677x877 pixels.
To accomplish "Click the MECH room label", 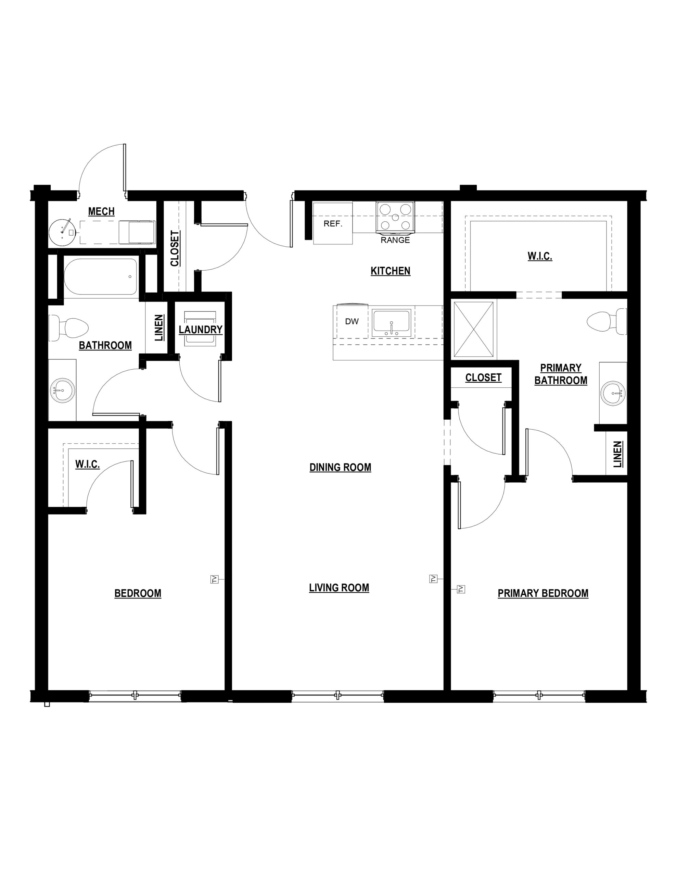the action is click(x=101, y=211).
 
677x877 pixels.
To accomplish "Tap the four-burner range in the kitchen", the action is click(x=395, y=217).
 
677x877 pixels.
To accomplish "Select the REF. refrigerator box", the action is click(x=333, y=223).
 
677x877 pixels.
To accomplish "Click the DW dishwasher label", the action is click(x=352, y=321).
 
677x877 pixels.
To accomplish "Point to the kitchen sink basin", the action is click(x=391, y=323).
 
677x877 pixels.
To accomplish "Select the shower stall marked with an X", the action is click(x=474, y=329).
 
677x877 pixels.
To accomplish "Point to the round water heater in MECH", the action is click(x=62, y=232).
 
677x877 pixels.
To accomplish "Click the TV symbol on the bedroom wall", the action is click(x=215, y=579).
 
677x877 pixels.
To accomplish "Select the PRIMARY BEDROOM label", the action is click(x=543, y=593).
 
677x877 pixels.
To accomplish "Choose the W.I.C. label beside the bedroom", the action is click(x=88, y=465).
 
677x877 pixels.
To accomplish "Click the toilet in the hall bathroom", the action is click(x=68, y=328).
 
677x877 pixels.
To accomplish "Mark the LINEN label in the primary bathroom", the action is click(x=617, y=454).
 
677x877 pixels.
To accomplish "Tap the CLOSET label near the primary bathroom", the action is click(x=483, y=378).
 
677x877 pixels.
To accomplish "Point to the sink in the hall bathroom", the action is click(x=63, y=390).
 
